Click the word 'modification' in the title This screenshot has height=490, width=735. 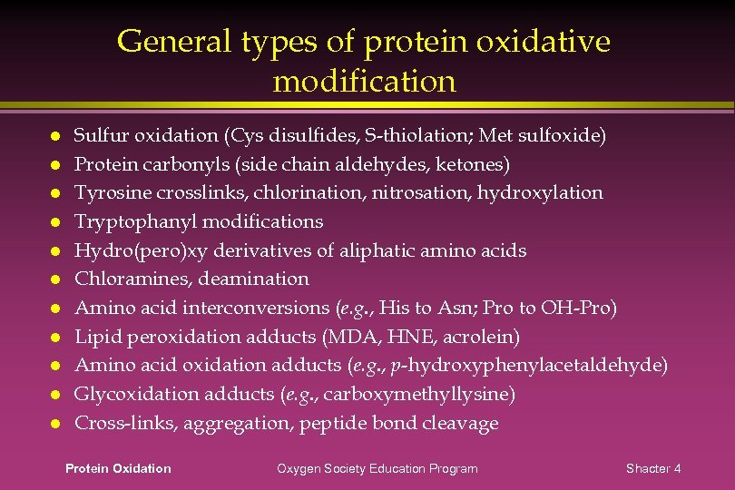364,82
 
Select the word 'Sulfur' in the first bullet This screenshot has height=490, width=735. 101,136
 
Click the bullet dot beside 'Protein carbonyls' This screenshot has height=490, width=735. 55,164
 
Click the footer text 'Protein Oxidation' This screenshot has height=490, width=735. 118,468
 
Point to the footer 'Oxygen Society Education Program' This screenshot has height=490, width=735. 377,468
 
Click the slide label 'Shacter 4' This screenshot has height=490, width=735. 653,468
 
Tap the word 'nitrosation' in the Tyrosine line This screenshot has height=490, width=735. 439,193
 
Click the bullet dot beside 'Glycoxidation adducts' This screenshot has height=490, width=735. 55,395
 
